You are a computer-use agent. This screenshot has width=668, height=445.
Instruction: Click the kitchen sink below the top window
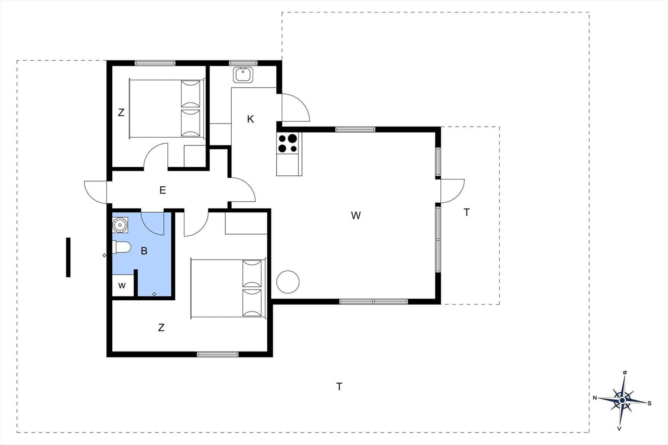243,75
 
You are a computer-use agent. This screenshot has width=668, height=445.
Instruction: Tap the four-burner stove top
288,143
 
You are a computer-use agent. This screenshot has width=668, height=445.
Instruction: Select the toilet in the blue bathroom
121,248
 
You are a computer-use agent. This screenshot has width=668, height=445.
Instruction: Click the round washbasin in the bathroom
120,225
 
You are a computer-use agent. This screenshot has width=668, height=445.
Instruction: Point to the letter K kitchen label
250,119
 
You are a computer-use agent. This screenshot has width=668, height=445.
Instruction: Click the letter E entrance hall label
163,191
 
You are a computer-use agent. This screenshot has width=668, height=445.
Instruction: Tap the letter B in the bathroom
144,251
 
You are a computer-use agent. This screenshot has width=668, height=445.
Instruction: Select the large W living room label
356,216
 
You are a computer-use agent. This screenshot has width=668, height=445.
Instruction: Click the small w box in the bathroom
122,286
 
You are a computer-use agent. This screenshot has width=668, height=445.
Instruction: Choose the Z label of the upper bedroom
121,113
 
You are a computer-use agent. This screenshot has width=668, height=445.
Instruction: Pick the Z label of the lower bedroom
161,328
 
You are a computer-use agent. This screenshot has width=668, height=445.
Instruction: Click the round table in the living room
288,282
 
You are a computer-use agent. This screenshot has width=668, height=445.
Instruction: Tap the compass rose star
622,400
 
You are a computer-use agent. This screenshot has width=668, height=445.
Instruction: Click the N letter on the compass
595,398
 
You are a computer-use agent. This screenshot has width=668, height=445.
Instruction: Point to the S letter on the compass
650,403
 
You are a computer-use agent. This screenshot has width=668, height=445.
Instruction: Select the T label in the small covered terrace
467,213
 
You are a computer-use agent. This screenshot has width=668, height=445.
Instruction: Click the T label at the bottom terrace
339,387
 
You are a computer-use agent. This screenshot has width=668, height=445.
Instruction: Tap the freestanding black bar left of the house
68,257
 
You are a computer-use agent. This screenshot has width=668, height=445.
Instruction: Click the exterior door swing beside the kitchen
295,108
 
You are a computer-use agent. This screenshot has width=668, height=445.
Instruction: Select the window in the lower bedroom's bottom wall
218,354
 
